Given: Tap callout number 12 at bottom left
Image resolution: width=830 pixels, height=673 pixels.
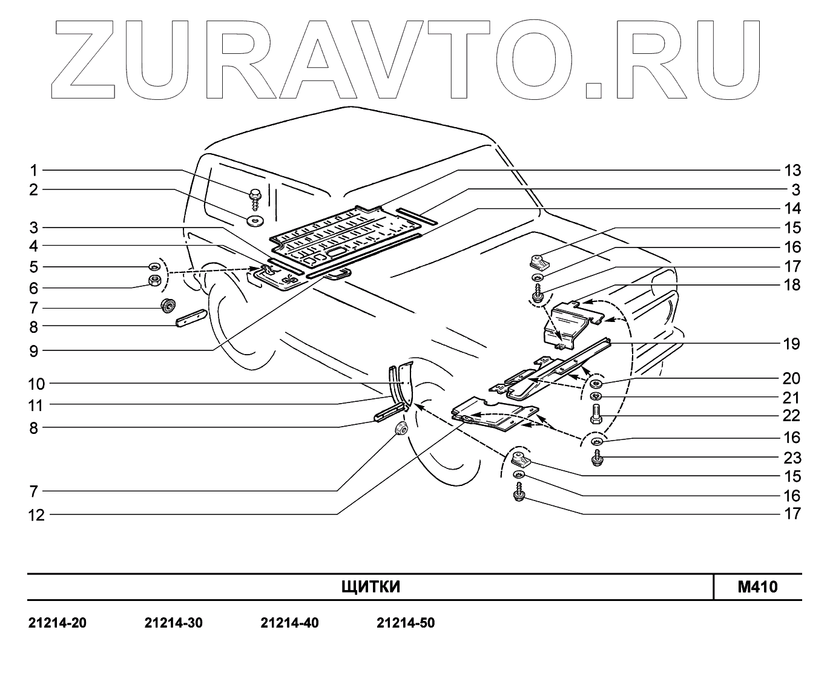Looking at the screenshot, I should coord(37,515).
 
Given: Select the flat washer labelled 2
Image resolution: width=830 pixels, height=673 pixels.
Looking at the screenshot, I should coord(254,218).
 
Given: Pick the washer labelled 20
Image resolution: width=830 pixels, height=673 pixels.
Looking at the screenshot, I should coord(596,384).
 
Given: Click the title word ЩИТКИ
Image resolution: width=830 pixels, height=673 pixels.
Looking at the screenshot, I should coord(371,587).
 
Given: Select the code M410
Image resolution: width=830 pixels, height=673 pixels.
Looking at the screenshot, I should coord(757,587).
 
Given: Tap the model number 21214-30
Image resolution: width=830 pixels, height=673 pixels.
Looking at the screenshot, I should coord(174,623).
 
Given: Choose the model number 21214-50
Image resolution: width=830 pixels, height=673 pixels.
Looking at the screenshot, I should coord(406,623).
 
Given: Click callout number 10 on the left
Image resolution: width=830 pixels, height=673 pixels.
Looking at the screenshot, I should coord(37,383).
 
